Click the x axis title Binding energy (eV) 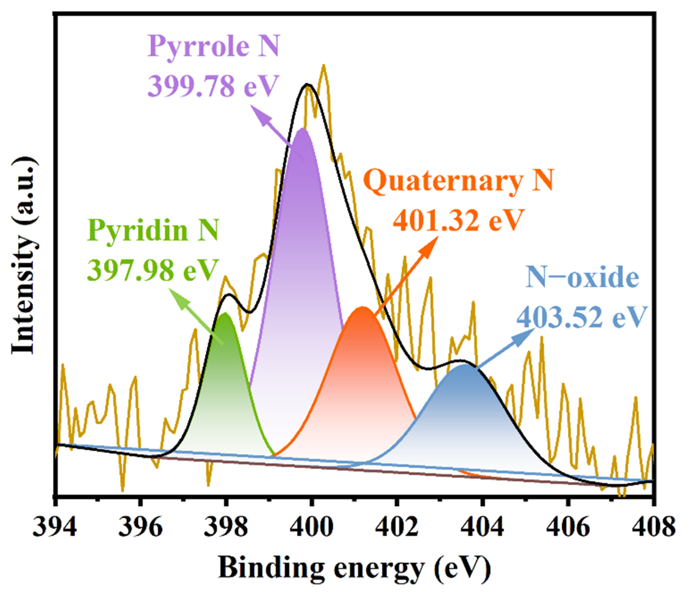pyautogui.click(x=354, y=568)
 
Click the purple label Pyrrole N pyautogui.click(x=213, y=47)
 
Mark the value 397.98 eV pyautogui.click(x=153, y=270)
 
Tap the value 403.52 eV pyautogui.click(x=582, y=317)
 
